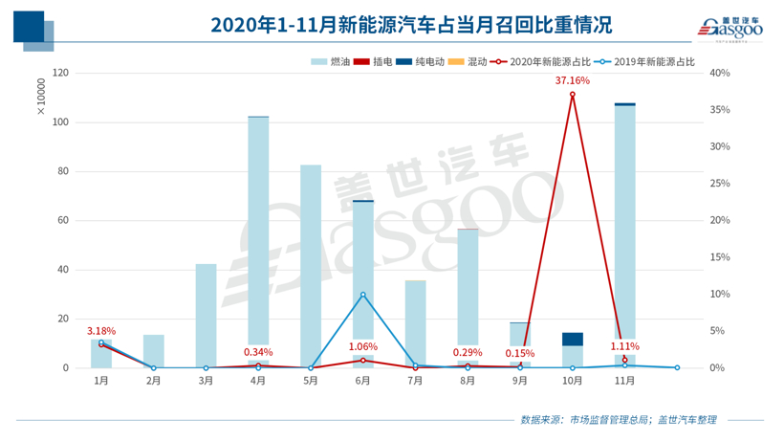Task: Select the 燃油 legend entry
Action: click(331, 61)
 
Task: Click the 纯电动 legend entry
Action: click(421, 61)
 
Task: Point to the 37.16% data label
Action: click(573, 80)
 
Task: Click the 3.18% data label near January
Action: click(101, 331)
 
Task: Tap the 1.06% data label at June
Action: click(362, 347)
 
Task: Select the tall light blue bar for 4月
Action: click(258, 230)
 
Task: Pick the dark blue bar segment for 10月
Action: click(573, 339)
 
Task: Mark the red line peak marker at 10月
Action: click(573, 95)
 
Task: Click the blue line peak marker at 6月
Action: click(362, 295)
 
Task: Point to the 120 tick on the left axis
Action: click(61, 74)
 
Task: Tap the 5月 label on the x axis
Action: click(311, 381)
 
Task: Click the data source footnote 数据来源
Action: click(618, 419)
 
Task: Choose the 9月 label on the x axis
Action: click(520, 381)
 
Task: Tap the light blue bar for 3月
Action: click(207, 316)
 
